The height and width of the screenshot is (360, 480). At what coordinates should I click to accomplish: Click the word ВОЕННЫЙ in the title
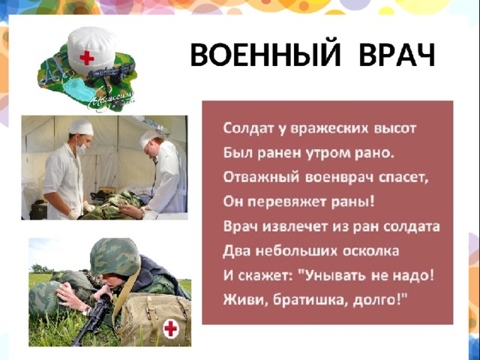[265, 55]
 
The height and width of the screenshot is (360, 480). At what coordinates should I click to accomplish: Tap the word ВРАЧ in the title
[397, 55]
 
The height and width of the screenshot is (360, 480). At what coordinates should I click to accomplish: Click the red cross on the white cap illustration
[87, 58]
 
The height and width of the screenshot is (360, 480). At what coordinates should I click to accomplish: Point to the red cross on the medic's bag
[170, 328]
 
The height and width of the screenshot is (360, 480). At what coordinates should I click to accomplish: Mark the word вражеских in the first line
[329, 128]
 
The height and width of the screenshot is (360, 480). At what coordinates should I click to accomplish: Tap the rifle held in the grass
[91, 318]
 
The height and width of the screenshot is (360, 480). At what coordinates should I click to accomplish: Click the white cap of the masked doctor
[81, 127]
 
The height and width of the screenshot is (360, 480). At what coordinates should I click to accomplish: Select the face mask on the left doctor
[82, 148]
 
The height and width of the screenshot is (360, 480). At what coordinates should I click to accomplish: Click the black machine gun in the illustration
[111, 73]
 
